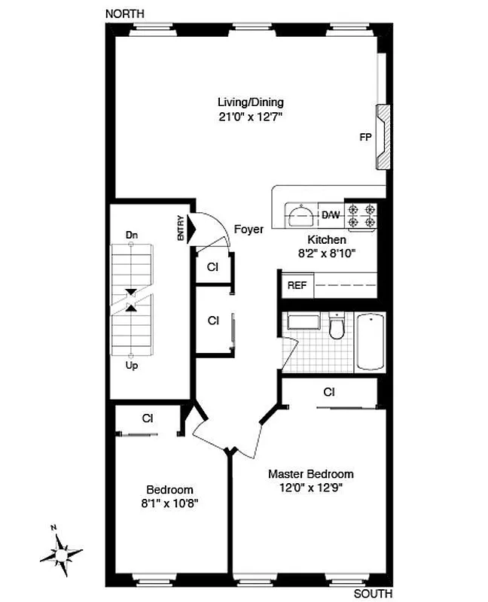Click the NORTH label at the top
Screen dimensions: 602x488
(x=125, y=14)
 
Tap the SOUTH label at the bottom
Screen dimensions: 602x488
(x=373, y=594)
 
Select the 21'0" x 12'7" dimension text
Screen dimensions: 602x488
(x=251, y=117)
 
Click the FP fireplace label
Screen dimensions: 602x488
(x=365, y=138)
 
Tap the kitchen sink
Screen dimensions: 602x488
(x=301, y=215)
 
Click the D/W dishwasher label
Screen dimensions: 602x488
(x=331, y=215)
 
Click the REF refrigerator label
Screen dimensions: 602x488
(x=295, y=286)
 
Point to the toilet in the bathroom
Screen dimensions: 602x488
(x=337, y=327)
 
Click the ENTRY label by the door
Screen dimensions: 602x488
(x=181, y=228)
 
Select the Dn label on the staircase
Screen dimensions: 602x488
(x=132, y=236)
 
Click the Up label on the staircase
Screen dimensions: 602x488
(x=132, y=366)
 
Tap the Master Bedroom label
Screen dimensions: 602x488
(x=311, y=474)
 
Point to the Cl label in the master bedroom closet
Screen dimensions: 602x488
(x=329, y=392)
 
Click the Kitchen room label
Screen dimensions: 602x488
(x=327, y=239)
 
